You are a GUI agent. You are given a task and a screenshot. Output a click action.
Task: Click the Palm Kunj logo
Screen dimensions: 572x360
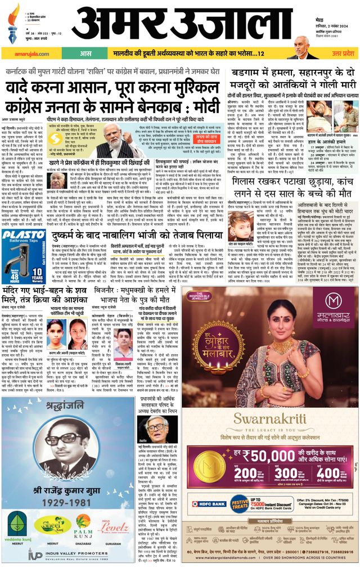click(84, 527)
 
